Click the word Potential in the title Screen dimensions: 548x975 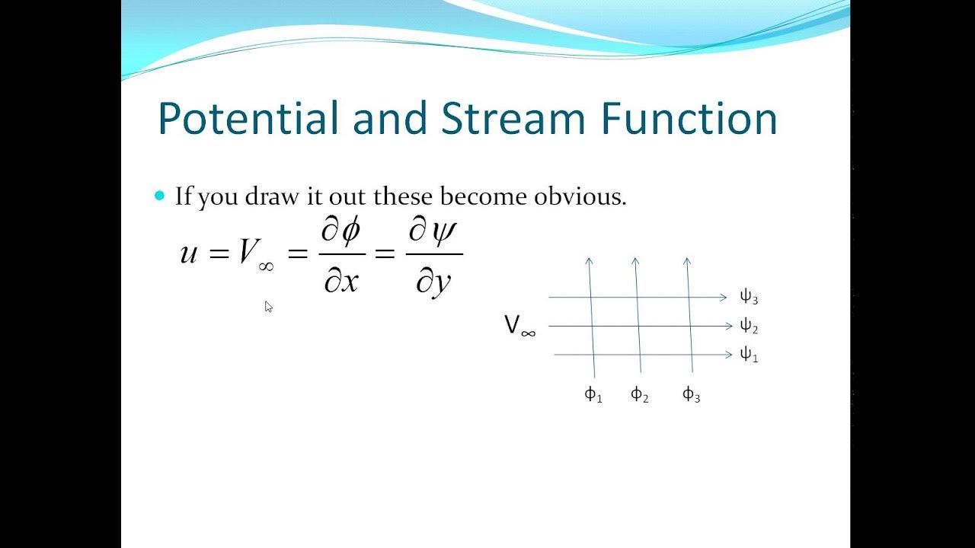click(248, 120)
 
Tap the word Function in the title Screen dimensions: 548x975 click(689, 120)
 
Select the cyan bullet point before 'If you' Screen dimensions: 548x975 click(159, 196)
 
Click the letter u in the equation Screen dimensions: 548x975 click(188, 253)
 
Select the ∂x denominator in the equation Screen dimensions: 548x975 click(340, 282)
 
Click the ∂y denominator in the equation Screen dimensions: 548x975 click(433, 282)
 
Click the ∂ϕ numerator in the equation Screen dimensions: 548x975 click(340, 231)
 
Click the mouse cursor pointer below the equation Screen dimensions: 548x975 click(268, 306)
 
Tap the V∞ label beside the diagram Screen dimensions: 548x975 click(519, 327)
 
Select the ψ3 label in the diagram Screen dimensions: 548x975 click(749, 297)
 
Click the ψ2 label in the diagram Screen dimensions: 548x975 click(749, 327)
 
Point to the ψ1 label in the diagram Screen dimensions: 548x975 click(749, 355)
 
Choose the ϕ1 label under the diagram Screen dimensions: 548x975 click(593, 394)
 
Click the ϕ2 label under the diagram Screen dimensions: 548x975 click(639, 394)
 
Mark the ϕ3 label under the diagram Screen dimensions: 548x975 click(691, 394)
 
